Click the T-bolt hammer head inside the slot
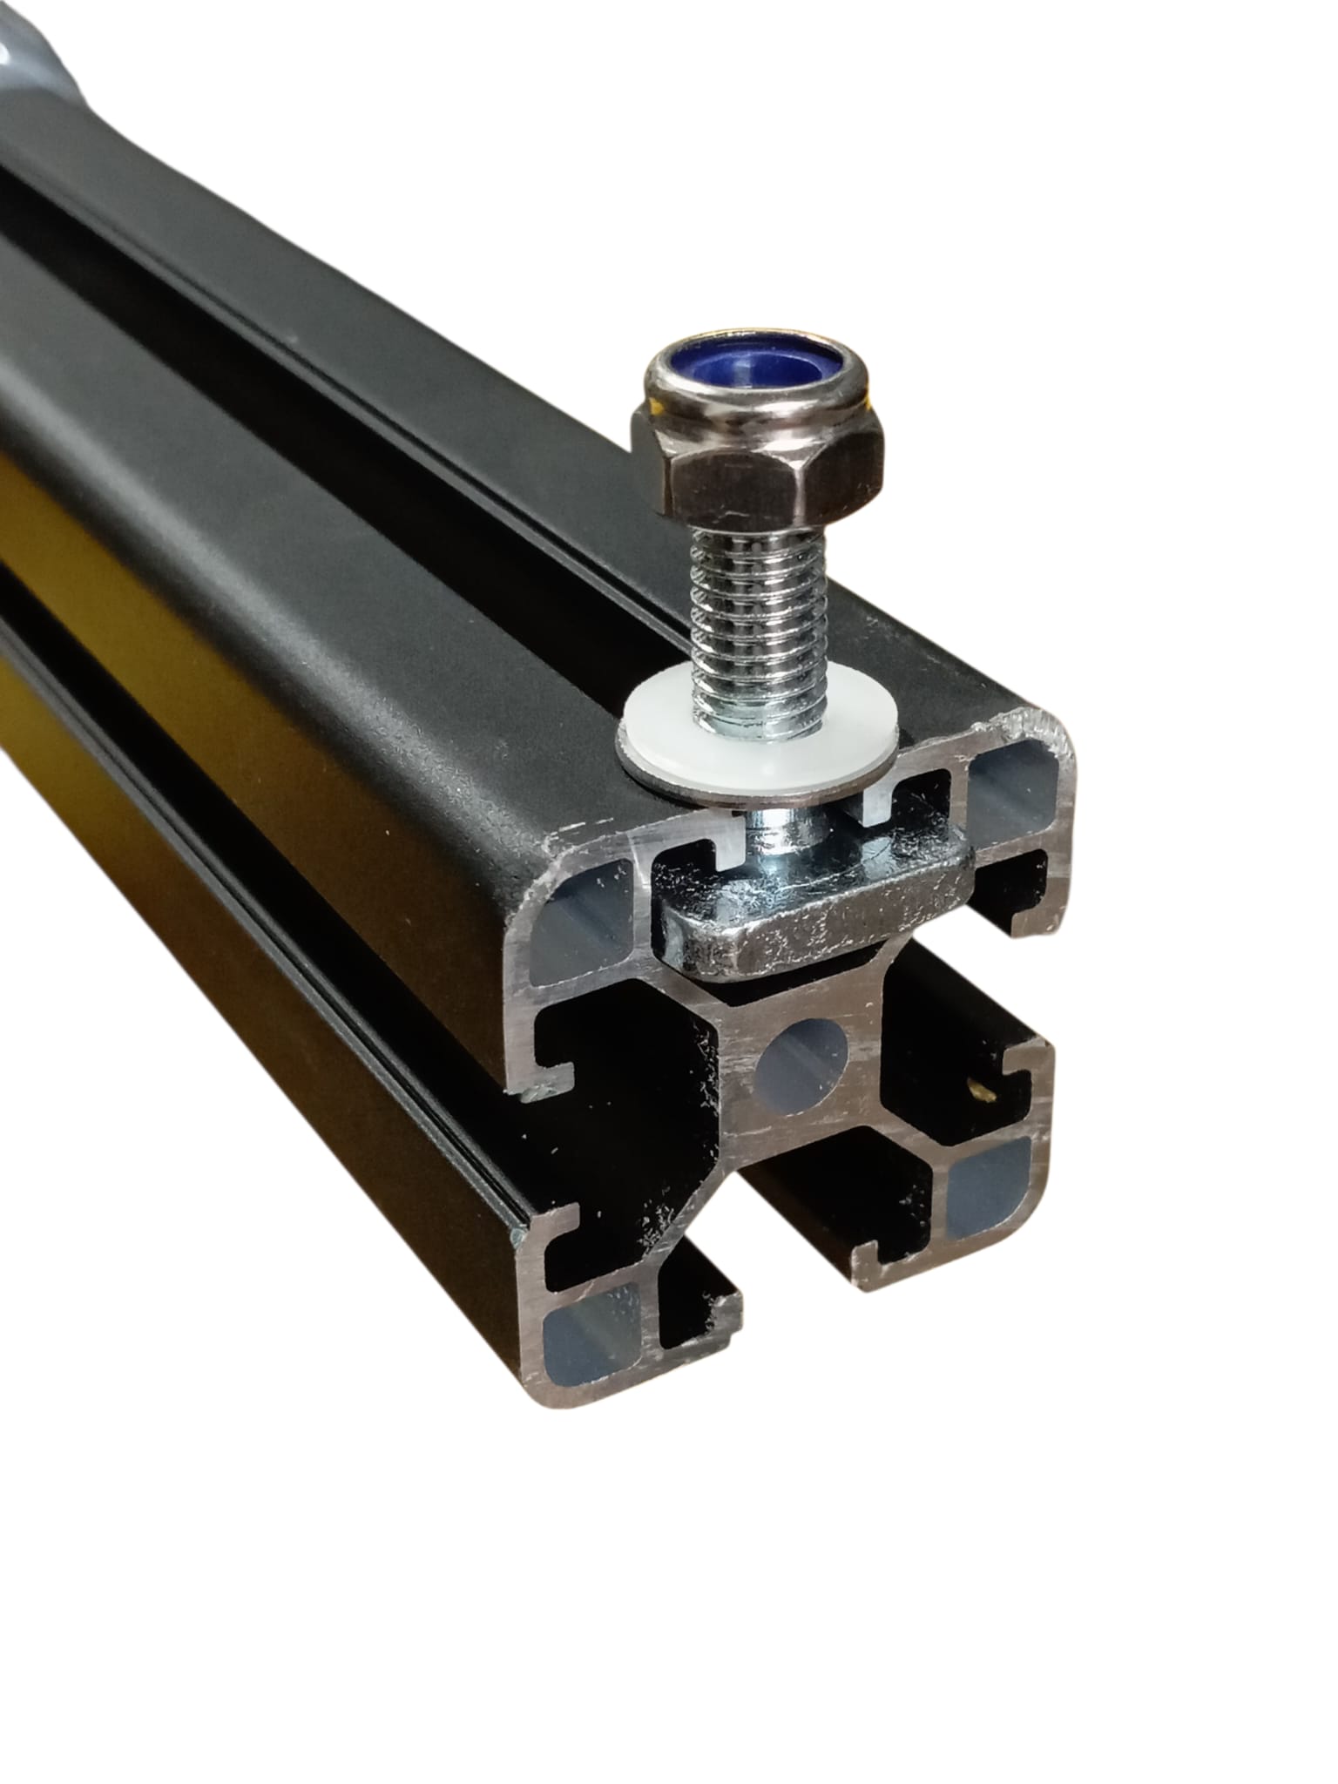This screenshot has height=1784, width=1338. pyautogui.click(x=810, y=928)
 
